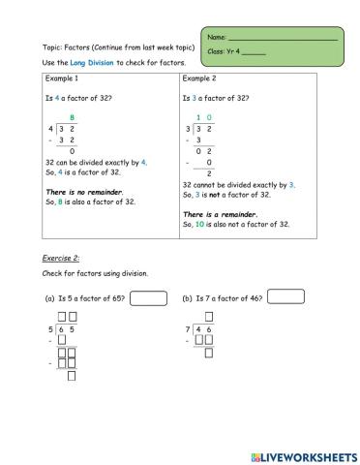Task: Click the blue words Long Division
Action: pos(91,62)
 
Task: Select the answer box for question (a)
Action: pos(148,297)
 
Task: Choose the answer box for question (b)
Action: pos(285,296)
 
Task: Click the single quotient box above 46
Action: pos(209,317)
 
